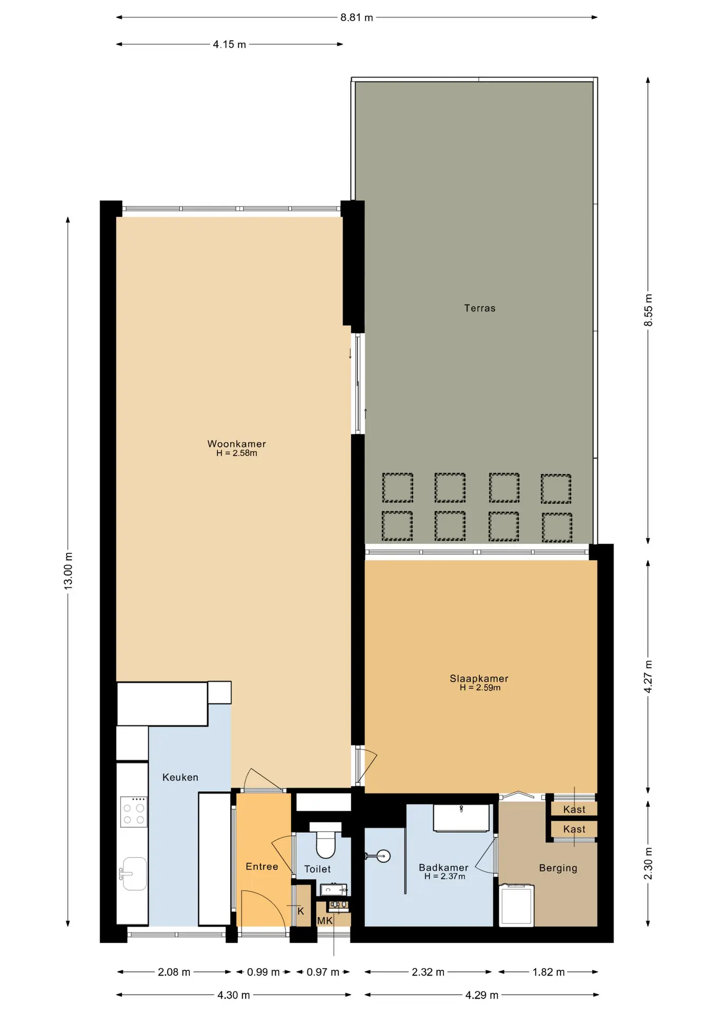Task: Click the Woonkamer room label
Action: pyautogui.click(x=236, y=444)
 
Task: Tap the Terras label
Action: pyautogui.click(x=480, y=308)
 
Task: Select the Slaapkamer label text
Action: pyautogui.click(x=479, y=679)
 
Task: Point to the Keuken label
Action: pyautogui.click(x=180, y=777)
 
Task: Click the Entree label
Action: pyautogui.click(x=262, y=867)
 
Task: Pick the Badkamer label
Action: pyautogui.click(x=443, y=868)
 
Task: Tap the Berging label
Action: pyautogui.click(x=558, y=868)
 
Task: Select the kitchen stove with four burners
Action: pyautogui.click(x=133, y=812)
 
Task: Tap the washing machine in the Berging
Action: pyautogui.click(x=517, y=905)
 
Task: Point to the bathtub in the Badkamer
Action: pyautogui.click(x=461, y=818)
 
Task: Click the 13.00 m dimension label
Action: pyautogui.click(x=69, y=571)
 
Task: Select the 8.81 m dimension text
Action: pyautogui.click(x=356, y=17)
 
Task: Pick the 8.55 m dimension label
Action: pyautogui.click(x=649, y=310)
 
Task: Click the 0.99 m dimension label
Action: pyautogui.click(x=263, y=972)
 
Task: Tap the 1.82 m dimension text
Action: pyautogui.click(x=548, y=972)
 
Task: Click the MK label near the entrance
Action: pyautogui.click(x=325, y=921)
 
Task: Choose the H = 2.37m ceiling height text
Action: pyautogui.click(x=444, y=877)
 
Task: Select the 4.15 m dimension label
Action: pyautogui.click(x=229, y=44)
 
